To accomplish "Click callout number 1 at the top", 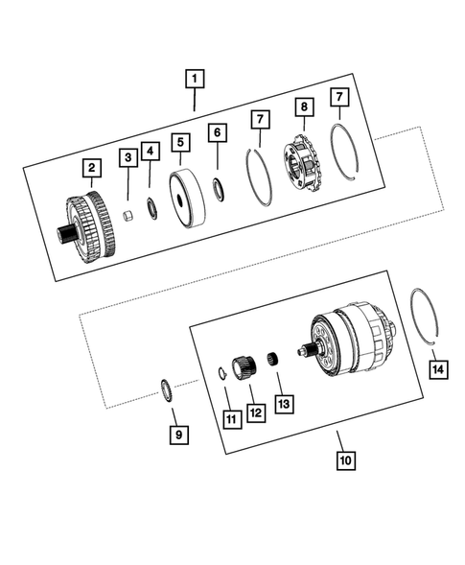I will [195, 78].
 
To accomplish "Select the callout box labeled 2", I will [90, 169].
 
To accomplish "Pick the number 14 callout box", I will [436, 367].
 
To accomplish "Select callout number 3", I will [127, 156].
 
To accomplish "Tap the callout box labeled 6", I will [218, 131].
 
